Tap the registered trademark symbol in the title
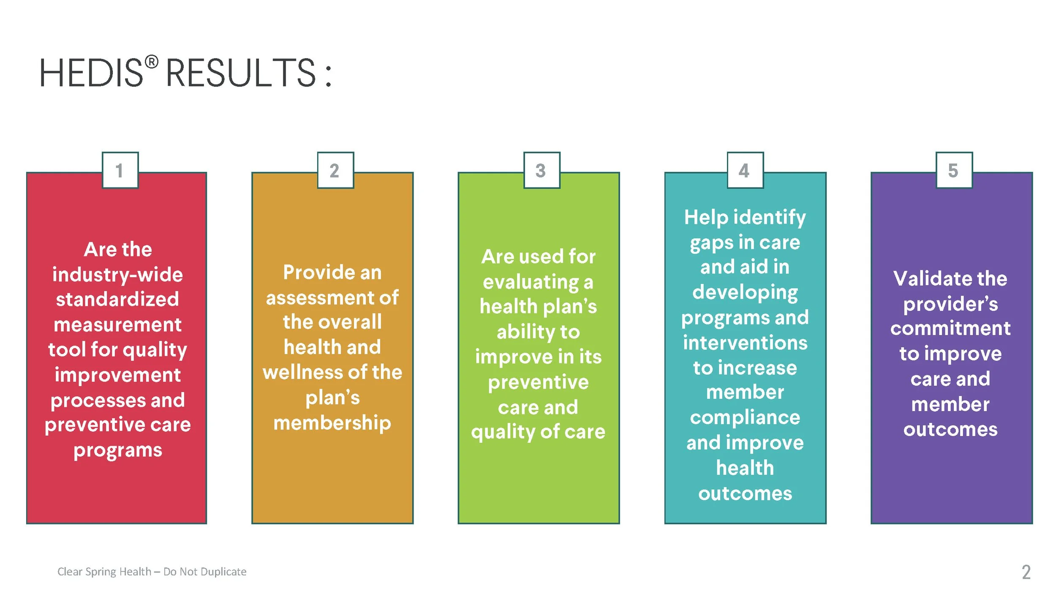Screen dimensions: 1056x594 click(152, 62)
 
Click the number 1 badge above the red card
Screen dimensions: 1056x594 click(120, 170)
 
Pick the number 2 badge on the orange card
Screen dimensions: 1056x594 click(335, 170)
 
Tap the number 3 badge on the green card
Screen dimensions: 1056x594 click(542, 170)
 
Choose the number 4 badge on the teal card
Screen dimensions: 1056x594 click(745, 170)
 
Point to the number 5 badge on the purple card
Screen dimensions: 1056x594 click(954, 170)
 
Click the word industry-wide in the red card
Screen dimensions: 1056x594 click(117, 275)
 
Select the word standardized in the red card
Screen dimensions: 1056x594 click(117, 299)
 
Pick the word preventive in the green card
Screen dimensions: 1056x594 click(538, 383)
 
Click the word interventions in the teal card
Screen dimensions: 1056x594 click(745, 343)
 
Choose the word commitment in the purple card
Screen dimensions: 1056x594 click(950, 328)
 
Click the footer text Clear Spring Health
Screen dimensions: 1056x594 click(104, 572)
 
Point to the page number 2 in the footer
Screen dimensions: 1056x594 click(1026, 572)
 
